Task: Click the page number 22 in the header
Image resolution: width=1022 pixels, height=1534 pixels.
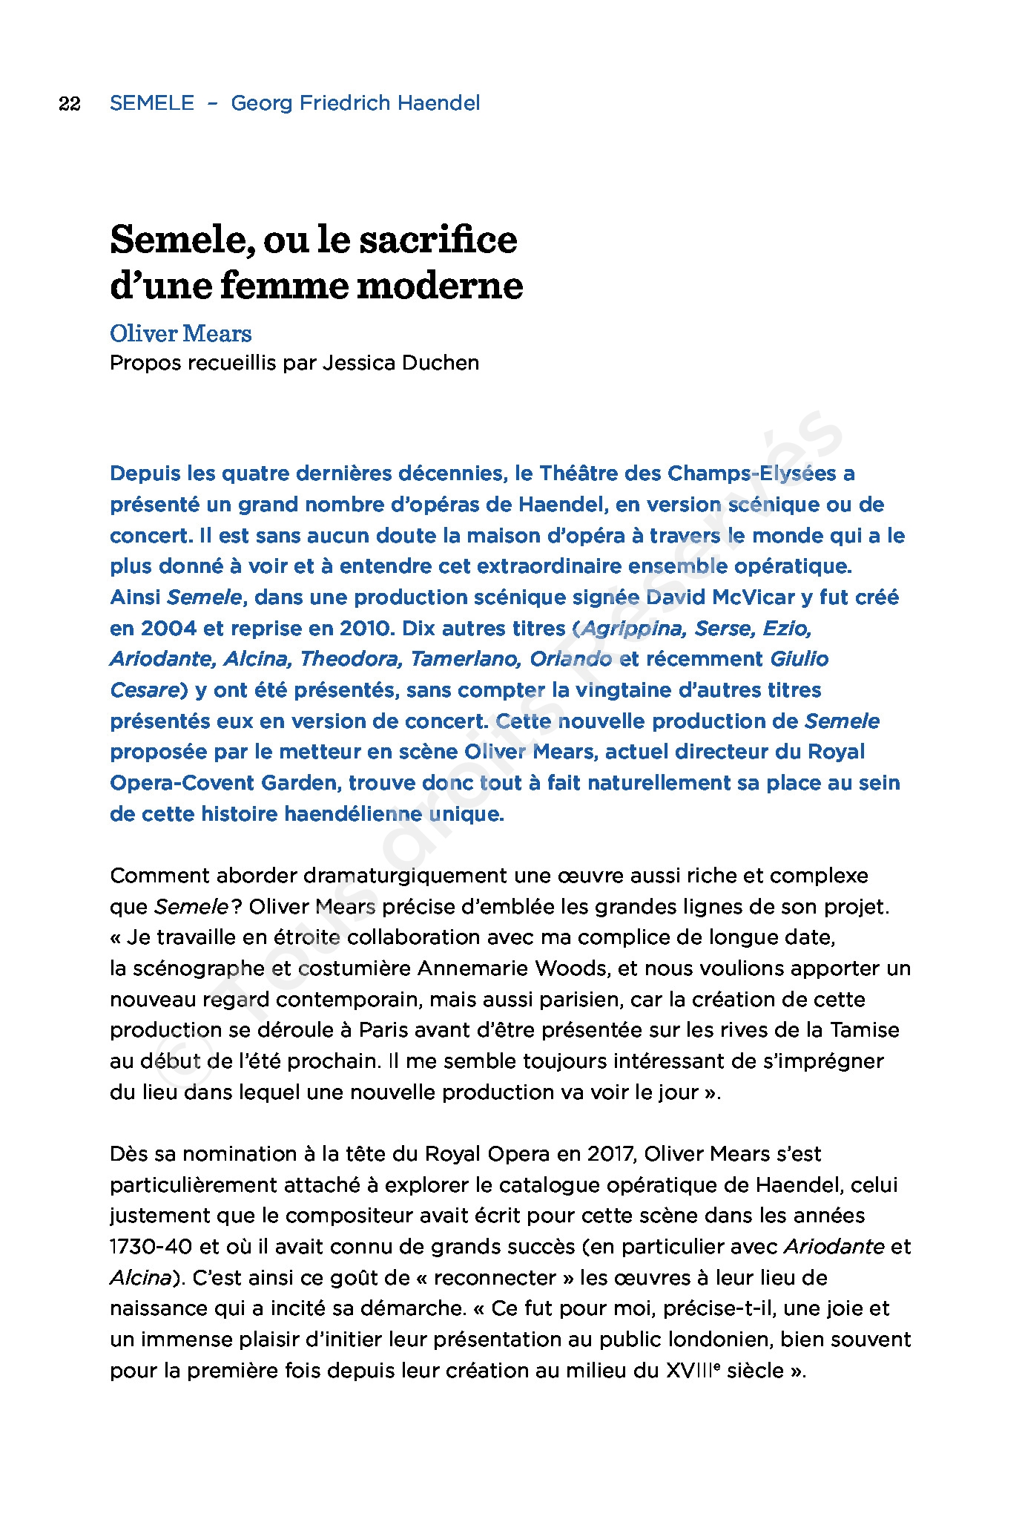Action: [69, 103]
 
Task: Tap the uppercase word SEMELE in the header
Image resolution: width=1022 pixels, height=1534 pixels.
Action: [152, 103]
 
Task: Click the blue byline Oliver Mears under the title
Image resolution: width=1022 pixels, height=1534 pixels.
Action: [181, 334]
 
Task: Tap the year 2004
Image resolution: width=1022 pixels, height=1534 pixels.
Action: [168, 629]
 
